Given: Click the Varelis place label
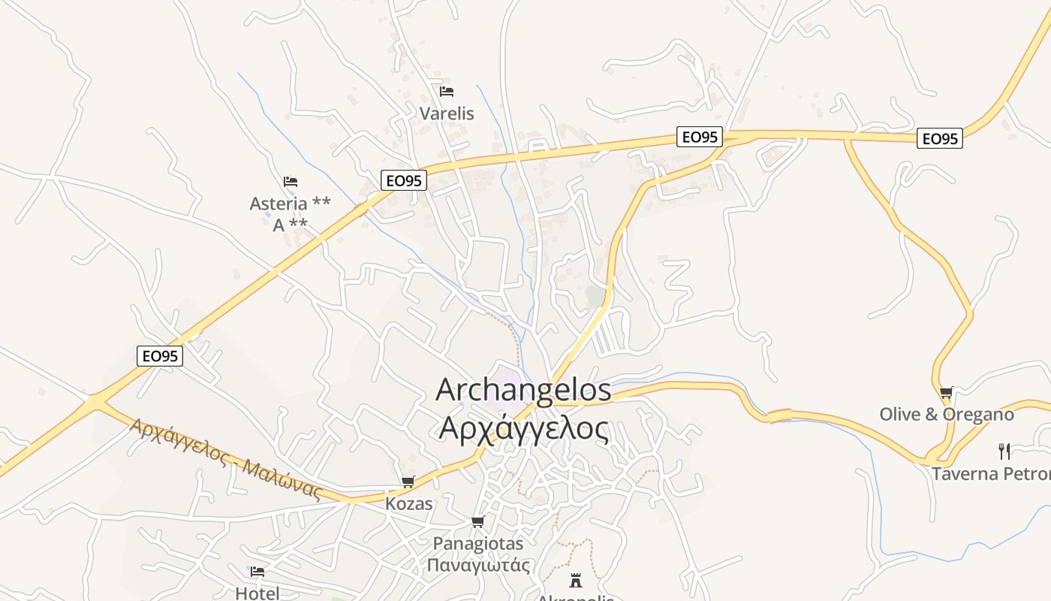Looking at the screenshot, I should pos(447,113).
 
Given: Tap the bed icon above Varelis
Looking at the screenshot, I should pos(447,92).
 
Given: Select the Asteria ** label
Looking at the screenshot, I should pos(290,204).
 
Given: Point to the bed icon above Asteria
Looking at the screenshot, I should pos(291,182).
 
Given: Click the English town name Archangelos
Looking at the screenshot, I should pos(523,390).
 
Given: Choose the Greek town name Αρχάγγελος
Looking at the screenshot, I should pos(523,427).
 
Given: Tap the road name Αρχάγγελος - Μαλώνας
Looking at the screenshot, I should pos(226,459).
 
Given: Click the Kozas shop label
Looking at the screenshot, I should pos(409,503).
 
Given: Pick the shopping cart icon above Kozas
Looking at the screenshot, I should pos(408,482).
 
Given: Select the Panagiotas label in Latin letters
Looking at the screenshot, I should pos(478,542).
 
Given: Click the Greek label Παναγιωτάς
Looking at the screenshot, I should pos(478,565).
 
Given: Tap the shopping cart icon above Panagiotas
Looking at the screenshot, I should pos(477,521).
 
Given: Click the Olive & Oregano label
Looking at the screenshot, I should pos(946,414).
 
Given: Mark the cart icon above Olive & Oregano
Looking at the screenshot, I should pos(946,392).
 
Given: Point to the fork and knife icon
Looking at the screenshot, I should pos(1004,451).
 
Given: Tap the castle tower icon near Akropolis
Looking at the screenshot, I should pos(576,580).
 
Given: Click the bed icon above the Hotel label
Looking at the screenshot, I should pos(257,572).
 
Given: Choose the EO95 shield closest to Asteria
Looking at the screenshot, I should pos(404,180).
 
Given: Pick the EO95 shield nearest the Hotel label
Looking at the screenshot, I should pos(160,356).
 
